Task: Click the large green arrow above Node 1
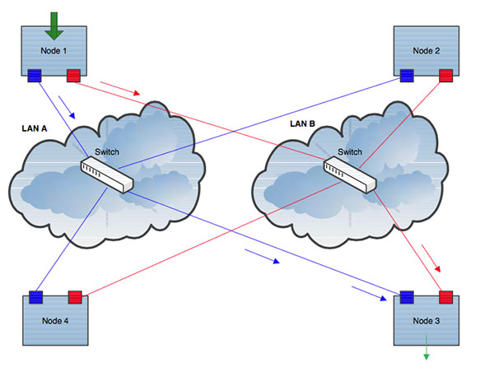click(54, 26)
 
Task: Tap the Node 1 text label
click(54, 50)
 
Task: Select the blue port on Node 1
click(35, 77)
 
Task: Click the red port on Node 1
click(73, 77)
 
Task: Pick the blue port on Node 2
click(408, 77)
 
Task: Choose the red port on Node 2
click(445, 77)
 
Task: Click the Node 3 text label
click(426, 320)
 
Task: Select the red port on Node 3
click(445, 295)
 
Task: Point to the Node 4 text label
click(54, 320)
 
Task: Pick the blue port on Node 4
click(35, 295)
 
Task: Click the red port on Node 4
click(73, 295)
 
